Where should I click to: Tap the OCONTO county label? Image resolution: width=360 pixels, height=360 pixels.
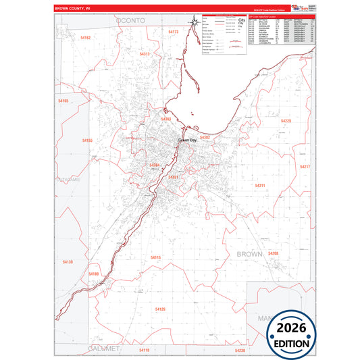pyautogui.click(x=130, y=22)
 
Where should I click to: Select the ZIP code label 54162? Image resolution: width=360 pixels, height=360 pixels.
pyautogui.click(x=84, y=38)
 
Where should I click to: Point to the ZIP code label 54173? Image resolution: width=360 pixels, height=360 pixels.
pyautogui.click(x=174, y=32)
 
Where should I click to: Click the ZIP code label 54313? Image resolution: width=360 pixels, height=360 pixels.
pyautogui.click(x=145, y=53)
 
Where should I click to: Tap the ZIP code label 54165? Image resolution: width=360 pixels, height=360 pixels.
pyautogui.click(x=63, y=101)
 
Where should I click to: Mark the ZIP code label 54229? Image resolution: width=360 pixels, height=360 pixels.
pyautogui.click(x=285, y=121)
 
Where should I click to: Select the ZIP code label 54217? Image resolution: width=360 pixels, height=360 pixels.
pyautogui.click(x=304, y=166)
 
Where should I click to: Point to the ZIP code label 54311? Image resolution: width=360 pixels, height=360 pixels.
pyautogui.click(x=260, y=185)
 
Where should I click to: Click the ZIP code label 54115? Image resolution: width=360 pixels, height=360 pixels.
pyautogui.click(x=155, y=257)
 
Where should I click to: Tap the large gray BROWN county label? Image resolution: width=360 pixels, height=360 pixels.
pyautogui.click(x=249, y=254)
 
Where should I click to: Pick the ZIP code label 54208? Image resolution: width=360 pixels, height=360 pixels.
pyautogui.click(x=273, y=253)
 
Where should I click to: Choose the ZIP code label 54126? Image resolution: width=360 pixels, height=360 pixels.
pyautogui.click(x=160, y=309)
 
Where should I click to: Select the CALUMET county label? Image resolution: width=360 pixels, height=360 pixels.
pyautogui.click(x=103, y=348)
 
